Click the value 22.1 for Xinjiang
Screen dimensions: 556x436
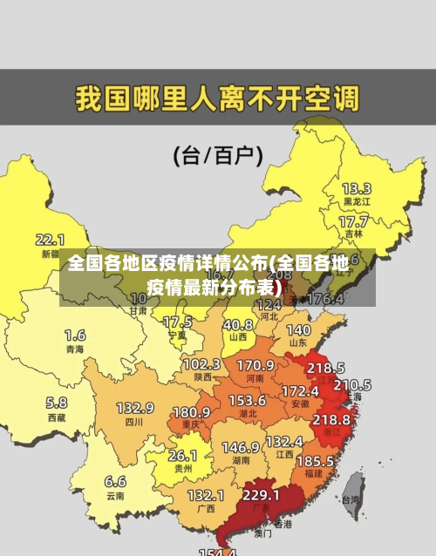click(x=50, y=239)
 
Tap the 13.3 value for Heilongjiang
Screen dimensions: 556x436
click(x=356, y=188)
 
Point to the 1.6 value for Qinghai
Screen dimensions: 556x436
click(x=75, y=335)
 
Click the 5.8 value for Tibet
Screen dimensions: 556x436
click(x=57, y=403)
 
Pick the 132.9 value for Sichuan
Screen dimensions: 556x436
click(x=135, y=408)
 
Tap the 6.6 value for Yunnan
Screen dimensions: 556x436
click(x=115, y=481)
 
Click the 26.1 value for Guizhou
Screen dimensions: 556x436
click(x=182, y=455)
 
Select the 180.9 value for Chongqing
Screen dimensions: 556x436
click(x=191, y=411)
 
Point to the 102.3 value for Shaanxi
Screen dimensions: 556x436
click(x=201, y=363)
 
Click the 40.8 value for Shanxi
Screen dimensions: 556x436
click(x=237, y=323)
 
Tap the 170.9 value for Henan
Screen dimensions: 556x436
click(x=255, y=364)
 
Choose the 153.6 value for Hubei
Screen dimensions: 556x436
click(x=248, y=400)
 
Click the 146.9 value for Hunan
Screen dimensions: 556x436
click(x=240, y=447)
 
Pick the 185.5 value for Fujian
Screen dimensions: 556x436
click(x=315, y=460)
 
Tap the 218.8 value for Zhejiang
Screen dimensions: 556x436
click(x=331, y=419)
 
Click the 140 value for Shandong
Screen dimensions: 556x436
click(x=298, y=330)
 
